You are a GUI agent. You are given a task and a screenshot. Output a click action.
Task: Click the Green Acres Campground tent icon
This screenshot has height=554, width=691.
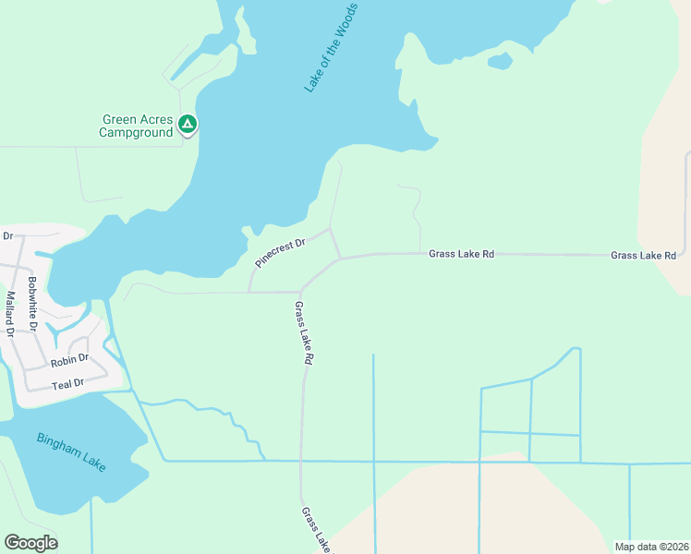tap(188, 124)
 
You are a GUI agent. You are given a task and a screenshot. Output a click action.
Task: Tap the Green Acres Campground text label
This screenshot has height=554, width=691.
tap(138, 126)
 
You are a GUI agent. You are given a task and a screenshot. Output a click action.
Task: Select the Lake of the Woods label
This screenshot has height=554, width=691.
tap(331, 47)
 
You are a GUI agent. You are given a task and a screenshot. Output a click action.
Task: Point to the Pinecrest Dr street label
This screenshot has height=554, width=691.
tap(280, 249)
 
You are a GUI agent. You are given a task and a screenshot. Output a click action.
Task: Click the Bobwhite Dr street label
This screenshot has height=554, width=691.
tap(32, 304)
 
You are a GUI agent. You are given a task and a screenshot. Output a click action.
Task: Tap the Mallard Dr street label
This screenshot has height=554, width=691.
tap(10, 314)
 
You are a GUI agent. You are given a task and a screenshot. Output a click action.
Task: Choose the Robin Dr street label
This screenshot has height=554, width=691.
tap(69, 358)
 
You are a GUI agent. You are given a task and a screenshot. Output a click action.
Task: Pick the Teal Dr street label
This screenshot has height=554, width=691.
tap(67, 382)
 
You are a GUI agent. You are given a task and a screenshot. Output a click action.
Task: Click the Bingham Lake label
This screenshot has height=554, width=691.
tap(71, 452)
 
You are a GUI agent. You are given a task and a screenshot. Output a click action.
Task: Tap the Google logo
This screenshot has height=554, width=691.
tap(30, 543)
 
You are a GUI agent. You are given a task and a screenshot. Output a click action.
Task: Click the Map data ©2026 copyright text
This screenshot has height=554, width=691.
tap(650, 547)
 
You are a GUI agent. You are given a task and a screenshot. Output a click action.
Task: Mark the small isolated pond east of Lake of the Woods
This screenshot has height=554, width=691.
tap(499, 62)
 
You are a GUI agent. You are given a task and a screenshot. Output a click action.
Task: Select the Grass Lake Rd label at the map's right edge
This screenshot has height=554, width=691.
tap(643, 255)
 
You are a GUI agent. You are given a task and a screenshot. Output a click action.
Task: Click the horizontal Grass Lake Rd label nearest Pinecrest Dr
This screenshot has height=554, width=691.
tap(461, 253)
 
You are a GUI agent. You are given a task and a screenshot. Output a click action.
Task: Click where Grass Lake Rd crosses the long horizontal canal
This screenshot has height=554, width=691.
tap(301, 461)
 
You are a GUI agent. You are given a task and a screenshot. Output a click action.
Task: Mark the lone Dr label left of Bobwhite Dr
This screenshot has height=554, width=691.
tap(7, 236)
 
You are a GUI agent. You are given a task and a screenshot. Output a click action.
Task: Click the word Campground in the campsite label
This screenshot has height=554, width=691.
tap(137, 133)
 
